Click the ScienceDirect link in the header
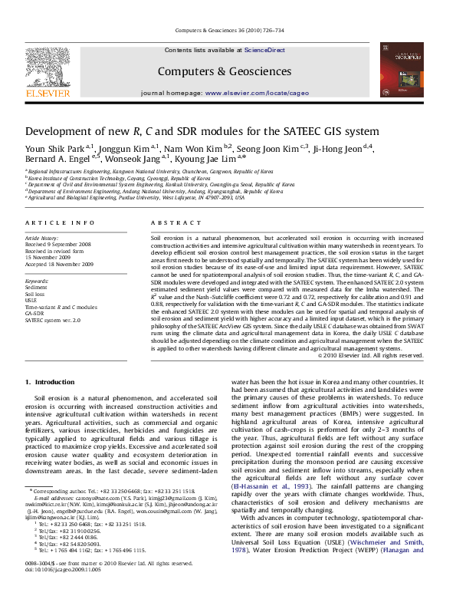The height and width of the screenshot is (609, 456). click(264, 50)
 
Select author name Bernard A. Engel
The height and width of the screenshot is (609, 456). click(57, 159)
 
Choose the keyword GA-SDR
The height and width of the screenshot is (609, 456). click(35, 313)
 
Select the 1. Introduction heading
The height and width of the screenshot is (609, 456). click(50, 382)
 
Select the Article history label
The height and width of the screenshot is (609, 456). click(43, 239)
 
